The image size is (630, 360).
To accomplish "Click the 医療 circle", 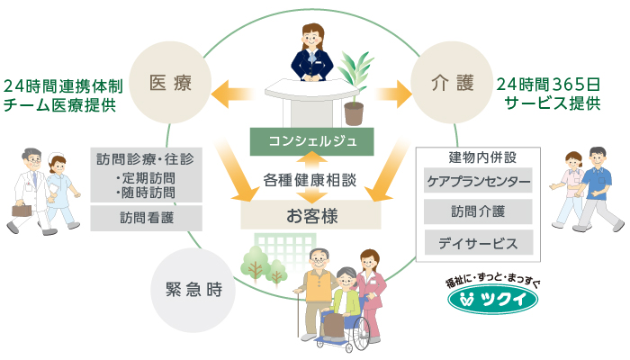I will coord(170,85).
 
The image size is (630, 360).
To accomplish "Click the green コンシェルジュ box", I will coord(310,140).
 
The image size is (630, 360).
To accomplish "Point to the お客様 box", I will coord(310,215).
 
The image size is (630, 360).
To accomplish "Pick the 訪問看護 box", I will coord(147,218).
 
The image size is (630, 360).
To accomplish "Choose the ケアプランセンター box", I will coord(477,182).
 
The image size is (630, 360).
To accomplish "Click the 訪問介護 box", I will coord(477,212).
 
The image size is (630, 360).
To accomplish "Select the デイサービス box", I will coord(477,242).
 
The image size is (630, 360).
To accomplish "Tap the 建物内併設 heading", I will coord(477,157).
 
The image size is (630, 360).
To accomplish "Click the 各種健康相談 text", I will coord(310,179).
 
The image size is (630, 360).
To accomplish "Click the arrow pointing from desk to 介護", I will coord(389,90).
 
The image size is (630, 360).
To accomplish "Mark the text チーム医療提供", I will coord(60,104).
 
